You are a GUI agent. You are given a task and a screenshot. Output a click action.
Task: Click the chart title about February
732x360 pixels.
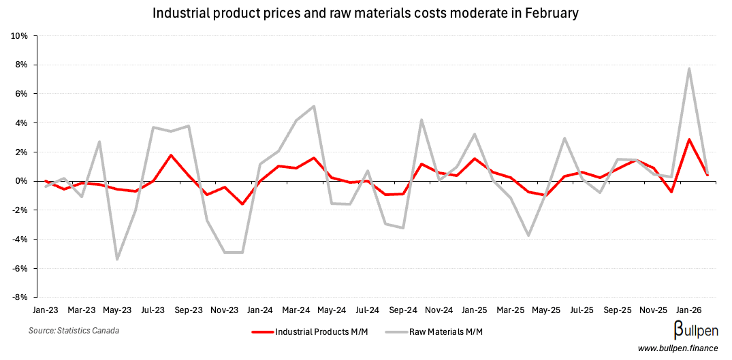[366, 13]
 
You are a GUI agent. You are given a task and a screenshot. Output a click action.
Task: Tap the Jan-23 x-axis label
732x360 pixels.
[46, 310]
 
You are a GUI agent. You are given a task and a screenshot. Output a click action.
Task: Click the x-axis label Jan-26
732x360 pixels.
[689, 310]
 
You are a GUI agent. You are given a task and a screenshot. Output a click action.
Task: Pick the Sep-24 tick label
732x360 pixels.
[403, 310]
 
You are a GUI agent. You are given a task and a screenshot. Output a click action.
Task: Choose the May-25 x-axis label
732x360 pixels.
[546, 310]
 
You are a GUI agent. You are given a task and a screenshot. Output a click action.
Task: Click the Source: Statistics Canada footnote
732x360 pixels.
[74, 331]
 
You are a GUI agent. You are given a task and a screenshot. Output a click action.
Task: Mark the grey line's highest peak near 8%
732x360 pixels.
[689, 68]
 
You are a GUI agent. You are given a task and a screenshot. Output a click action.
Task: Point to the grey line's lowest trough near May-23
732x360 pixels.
[117, 259]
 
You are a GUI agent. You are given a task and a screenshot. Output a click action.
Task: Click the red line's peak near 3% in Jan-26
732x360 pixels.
[689, 140]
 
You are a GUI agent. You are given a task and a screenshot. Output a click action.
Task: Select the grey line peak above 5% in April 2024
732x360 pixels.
[313, 106]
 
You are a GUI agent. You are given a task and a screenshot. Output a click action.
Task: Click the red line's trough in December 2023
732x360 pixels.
[242, 203]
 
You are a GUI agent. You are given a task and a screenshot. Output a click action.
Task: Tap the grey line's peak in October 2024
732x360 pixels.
[421, 120]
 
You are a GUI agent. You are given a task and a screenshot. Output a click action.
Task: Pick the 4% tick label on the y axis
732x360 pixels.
[20, 123]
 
